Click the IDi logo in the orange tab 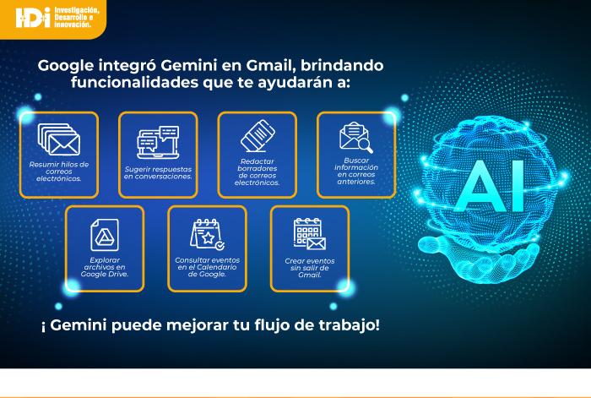click(33, 18)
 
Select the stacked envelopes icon click(59, 139)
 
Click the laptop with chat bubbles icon click(158, 142)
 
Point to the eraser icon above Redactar click(258, 136)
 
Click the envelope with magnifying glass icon click(356, 138)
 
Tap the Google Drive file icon click(105, 235)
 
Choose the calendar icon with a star click(208, 234)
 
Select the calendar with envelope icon click(310, 233)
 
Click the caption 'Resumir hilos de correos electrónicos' click(59, 172)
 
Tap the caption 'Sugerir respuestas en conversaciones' click(158, 172)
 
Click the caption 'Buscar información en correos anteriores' click(356, 171)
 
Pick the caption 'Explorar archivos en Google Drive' click(105, 267)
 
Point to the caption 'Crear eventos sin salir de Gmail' click(310, 268)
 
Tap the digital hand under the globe click(479, 260)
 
